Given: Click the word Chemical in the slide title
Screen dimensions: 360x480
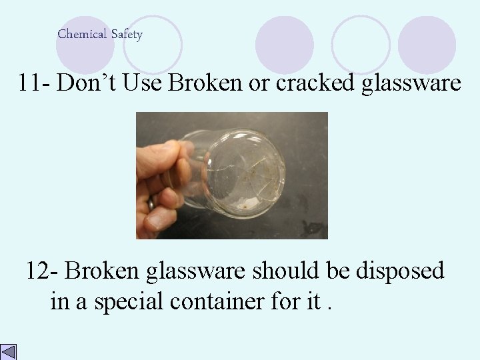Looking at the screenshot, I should point(81,34).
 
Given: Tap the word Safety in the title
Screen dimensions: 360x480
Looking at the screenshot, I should point(126,35).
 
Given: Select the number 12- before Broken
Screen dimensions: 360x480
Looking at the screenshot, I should point(43,271).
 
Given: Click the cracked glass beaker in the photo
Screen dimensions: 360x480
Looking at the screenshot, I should point(240,170).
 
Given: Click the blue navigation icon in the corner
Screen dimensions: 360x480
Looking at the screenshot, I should point(9,351).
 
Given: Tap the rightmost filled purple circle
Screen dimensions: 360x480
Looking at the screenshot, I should point(427,44).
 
